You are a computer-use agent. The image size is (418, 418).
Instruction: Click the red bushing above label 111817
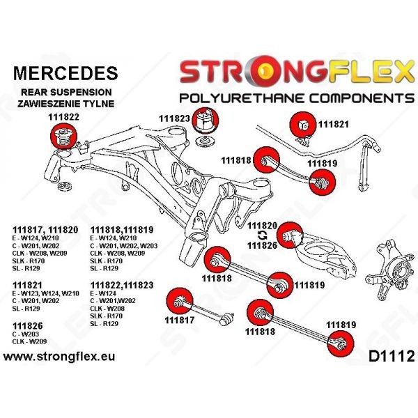pyautogui.click(x=178, y=300)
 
